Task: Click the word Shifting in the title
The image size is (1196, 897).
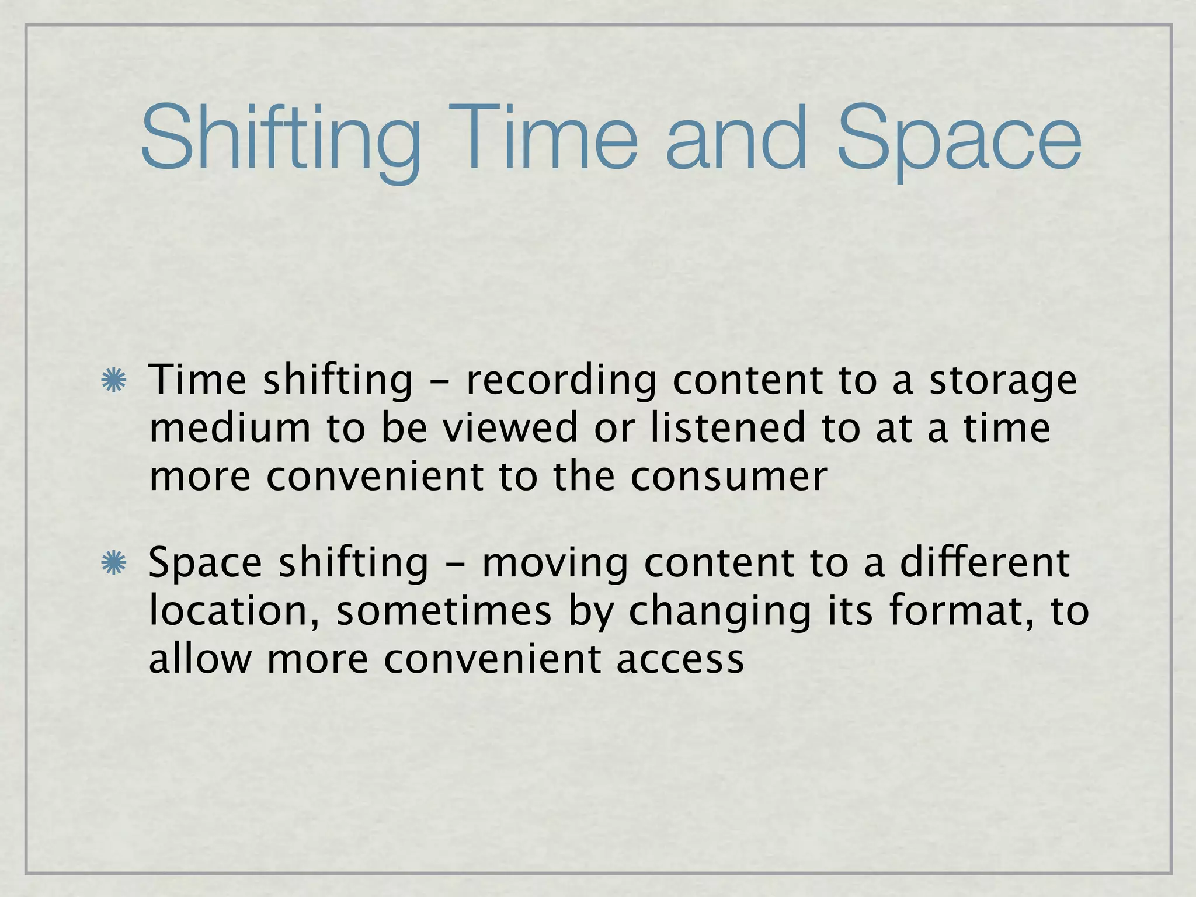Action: tap(280, 140)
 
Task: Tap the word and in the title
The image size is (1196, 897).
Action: tap(738, 140)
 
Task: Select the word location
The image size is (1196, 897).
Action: tap(234, 611)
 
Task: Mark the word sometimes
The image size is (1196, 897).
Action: tap(444, 611)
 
